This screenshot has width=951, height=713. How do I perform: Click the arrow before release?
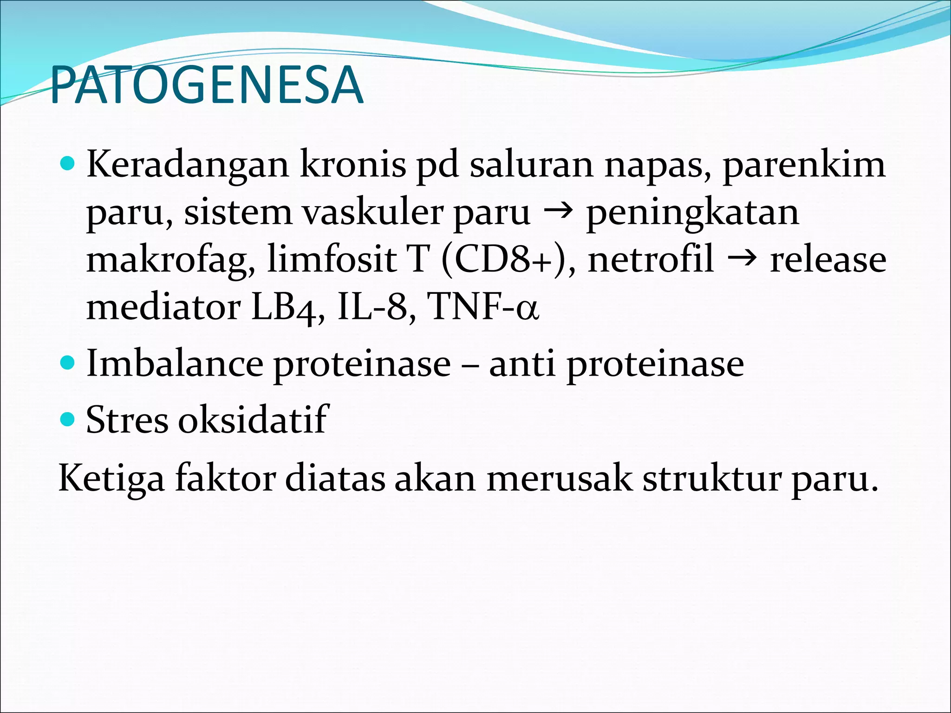pos(742,259)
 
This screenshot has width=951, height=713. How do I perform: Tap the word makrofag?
pos(170,261)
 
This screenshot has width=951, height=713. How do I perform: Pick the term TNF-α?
pos(483,307)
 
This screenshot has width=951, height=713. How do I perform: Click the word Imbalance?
pos(176,364)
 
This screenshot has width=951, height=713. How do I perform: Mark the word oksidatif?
pos(254,420)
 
